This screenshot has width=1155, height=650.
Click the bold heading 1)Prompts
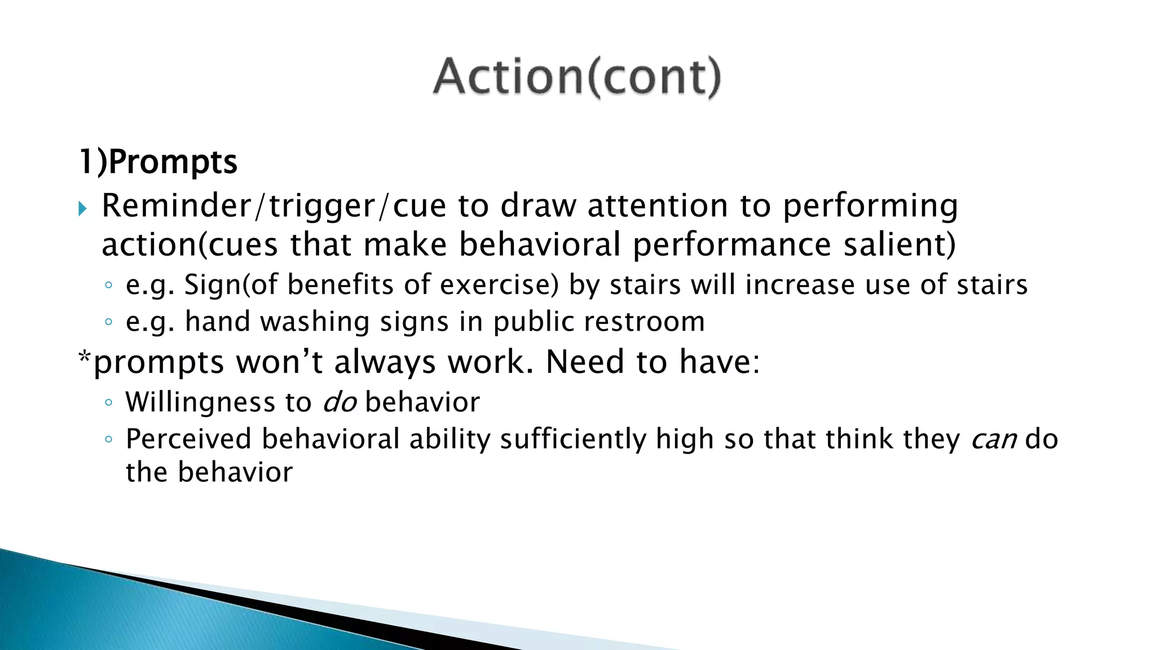tap(158, 162)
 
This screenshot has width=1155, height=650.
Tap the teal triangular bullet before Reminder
tap(83, 209)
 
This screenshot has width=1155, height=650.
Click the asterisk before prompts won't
tap(85, 358)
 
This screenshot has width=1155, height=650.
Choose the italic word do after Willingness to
tap(340, 402)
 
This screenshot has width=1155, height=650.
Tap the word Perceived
tap(188, 440)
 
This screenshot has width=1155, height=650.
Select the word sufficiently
tap(573, 440)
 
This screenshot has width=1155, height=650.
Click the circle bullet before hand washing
tap(109, 322)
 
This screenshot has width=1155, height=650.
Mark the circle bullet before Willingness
tap(109, 403)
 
